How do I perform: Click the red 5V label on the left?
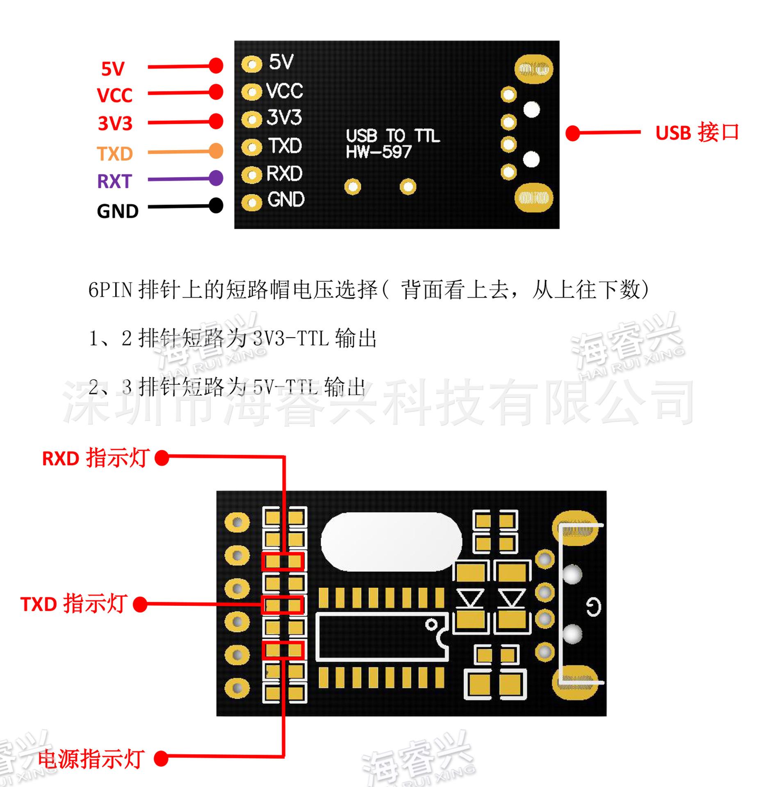coord(113,69)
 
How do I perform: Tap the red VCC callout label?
coord(114,96)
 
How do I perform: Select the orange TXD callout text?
coord(115,154)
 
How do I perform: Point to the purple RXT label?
coord(114,181)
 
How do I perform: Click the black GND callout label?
coord(118,212)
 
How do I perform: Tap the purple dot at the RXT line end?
coord(216,178)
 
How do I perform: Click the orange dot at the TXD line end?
coord(216,151)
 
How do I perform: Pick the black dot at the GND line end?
coord(216,205)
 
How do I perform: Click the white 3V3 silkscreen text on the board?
coord(284,118)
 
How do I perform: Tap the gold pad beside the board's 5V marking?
coord(251,64)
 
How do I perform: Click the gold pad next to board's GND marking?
coord(251,202)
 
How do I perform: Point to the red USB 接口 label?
coord(697,133)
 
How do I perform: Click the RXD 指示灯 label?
coord(96,458)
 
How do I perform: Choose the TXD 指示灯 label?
coord(73,604)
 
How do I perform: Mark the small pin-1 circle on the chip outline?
coord(431,625)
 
